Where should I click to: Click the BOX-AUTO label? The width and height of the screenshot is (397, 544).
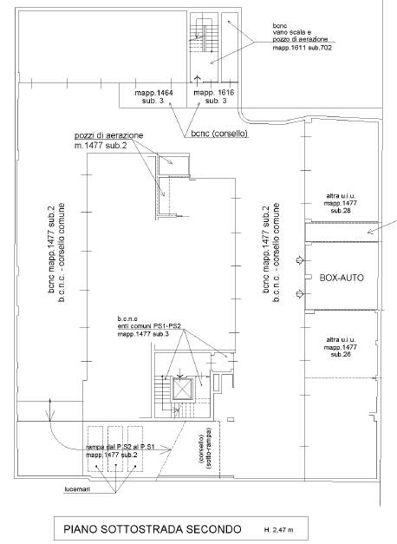(342, 278)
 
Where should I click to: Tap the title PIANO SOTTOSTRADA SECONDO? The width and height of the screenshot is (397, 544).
(153, 529)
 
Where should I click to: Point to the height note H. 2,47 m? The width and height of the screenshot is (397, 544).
(278, 530)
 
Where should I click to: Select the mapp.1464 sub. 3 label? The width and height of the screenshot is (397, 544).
(153, 97)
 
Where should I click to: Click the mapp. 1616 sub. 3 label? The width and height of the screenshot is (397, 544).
(214, 97)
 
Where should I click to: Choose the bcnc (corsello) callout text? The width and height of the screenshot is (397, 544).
(219, 134)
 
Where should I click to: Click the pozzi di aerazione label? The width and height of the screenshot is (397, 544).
(109, 135)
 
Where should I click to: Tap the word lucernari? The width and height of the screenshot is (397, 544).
(77, 489)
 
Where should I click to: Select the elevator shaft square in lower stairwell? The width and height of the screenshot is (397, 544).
(183, 389)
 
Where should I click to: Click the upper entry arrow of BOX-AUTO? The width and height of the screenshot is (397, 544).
(300, 260)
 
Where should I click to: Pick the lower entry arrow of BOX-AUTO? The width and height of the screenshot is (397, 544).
(300, 294)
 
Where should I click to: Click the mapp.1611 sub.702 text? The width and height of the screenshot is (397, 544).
(302, 48)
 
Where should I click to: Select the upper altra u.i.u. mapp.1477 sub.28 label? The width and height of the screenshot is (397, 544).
(340, 203)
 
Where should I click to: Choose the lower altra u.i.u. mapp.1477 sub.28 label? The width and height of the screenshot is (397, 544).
(341, 347)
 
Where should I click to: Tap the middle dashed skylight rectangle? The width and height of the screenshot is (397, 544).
(115, 449)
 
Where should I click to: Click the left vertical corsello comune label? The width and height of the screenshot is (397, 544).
(62, 252)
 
